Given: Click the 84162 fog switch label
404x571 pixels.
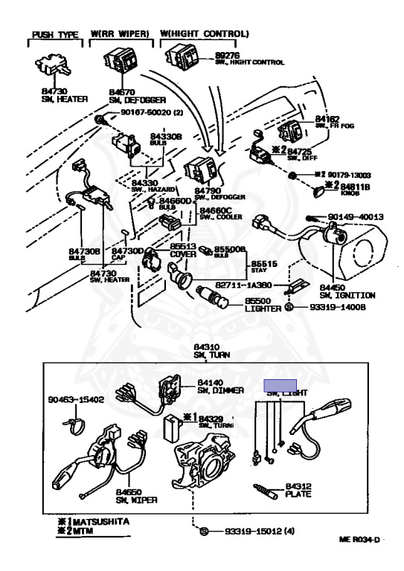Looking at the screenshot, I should tap(327, 119).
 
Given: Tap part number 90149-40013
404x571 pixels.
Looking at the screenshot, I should tap(355, 217).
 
